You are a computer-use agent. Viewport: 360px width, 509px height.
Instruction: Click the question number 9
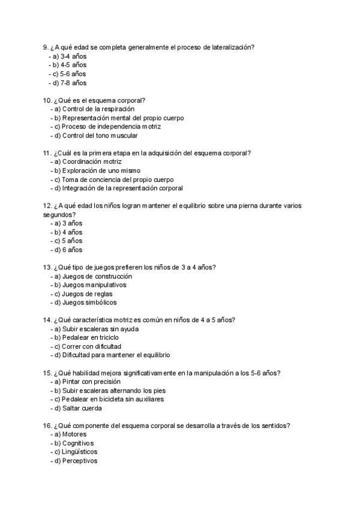click(x=46, y=47)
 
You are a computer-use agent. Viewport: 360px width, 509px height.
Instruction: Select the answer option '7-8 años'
click(x=74, y=83)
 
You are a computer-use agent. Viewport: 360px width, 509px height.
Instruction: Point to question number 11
click(x=47, y=153)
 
